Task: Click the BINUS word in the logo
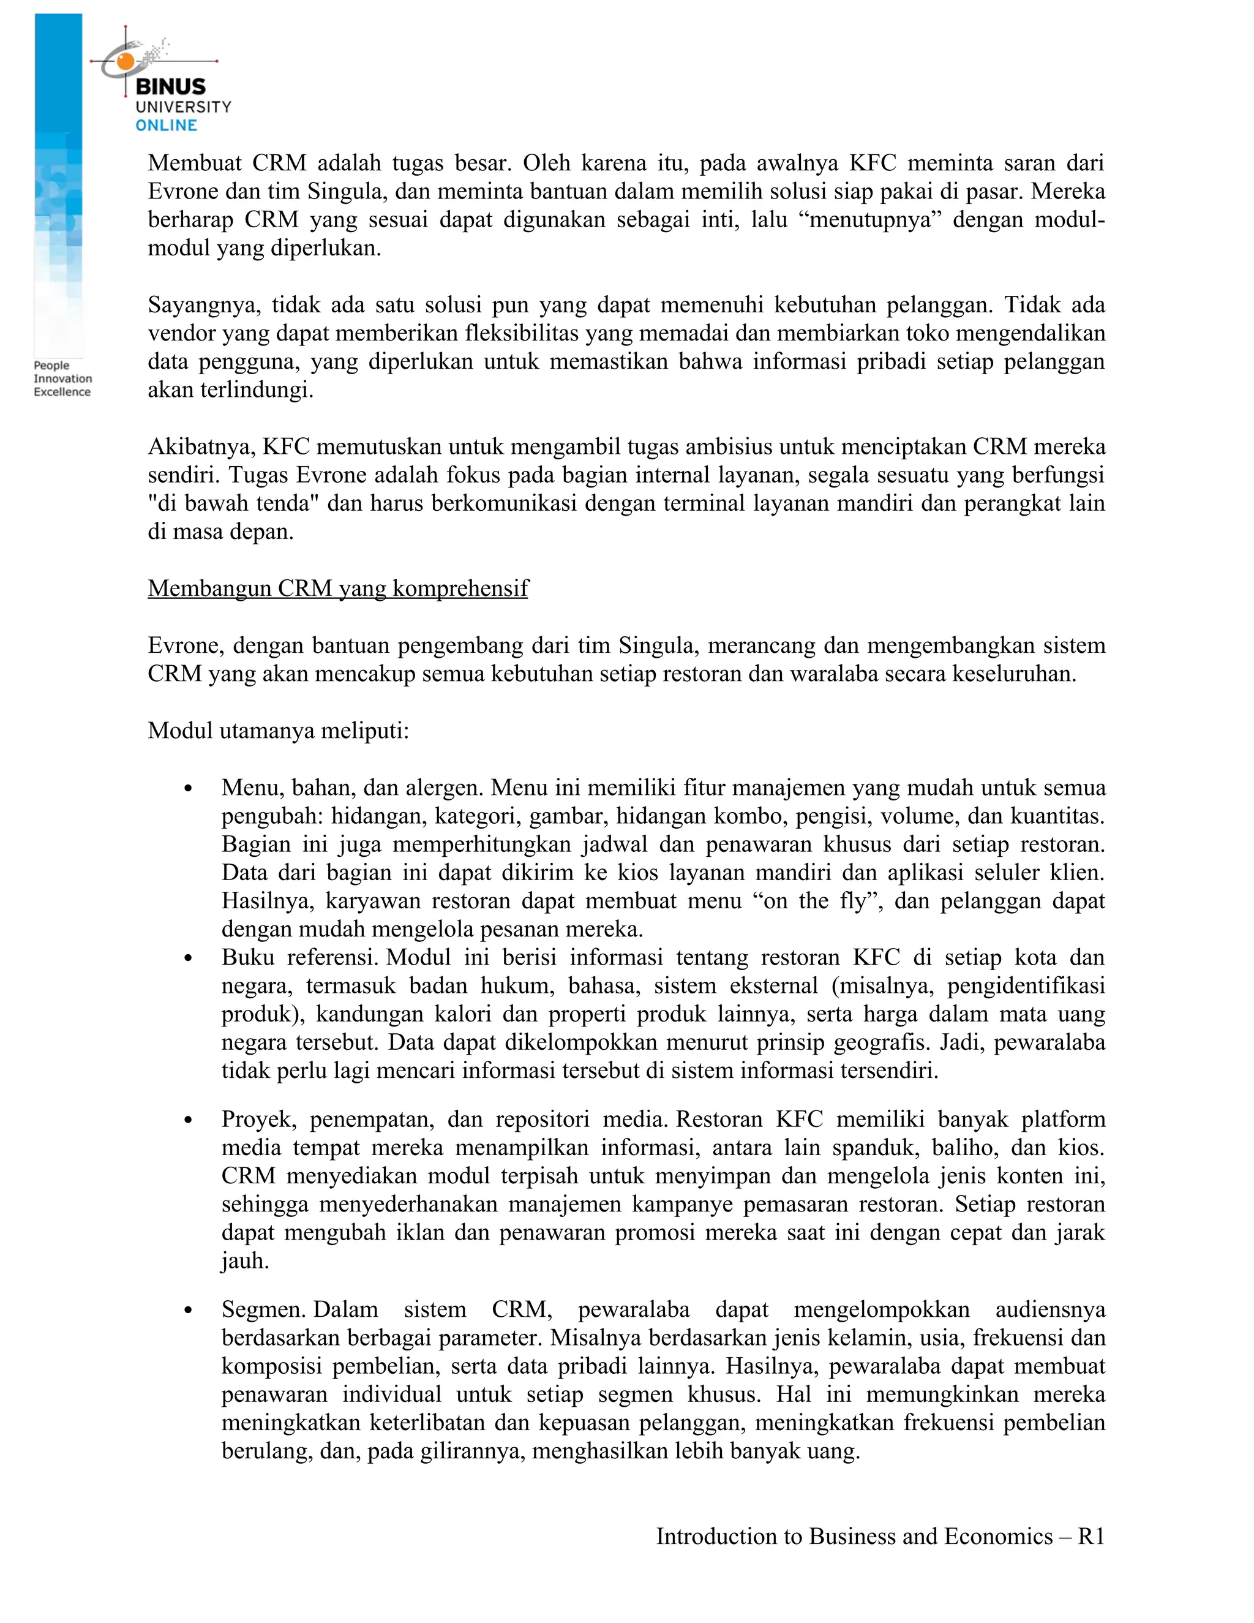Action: pos(170,86)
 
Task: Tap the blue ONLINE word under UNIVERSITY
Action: pos(166,126)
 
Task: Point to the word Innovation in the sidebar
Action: pos(62,378)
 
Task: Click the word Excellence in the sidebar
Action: pos(62,391)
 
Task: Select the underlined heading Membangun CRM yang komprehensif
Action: pos(337,588)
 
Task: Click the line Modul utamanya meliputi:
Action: pos(278,731)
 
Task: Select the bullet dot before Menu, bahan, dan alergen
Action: pos(188,788)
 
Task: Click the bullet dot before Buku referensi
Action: pos(188,958)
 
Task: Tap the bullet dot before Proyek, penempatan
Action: pos(188,1120)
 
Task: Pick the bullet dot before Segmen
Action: pos(188,1310)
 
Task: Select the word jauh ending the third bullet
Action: pos(244,1261)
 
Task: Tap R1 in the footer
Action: pos(1091,1536)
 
